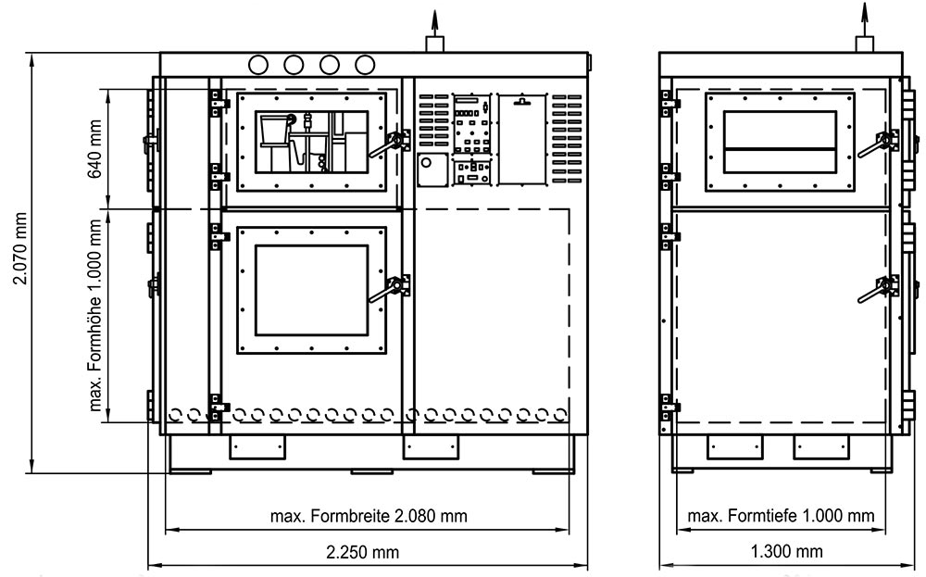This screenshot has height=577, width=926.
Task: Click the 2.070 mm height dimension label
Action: [x=21, y=248]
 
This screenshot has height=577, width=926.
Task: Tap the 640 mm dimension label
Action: [x=95, y=149]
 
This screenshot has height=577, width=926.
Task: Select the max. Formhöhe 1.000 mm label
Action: [x=95, y=315]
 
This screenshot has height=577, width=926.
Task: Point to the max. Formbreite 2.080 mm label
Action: [x=369, y=516]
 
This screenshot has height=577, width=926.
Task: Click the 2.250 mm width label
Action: [x=363, y=552]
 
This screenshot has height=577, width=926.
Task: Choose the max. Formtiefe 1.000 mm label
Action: [x=781, y=516]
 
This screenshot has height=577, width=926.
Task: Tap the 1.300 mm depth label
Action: [x=786, y=552]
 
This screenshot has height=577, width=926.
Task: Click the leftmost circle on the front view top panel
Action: [x=258, y=65]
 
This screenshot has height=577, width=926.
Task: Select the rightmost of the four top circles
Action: [x=365, y=65]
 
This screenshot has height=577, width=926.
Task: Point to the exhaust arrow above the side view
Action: [x=865, y=20]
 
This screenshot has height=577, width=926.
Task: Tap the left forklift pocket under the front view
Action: [x=257, y=447]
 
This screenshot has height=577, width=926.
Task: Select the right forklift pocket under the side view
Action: [x=820, y=447]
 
